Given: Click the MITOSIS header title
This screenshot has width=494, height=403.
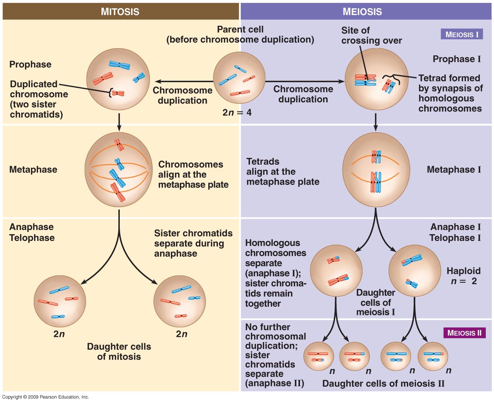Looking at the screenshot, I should (120, 12).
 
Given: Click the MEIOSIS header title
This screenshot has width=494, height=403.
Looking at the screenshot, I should (362, 12).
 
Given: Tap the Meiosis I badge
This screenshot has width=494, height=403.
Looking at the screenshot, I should (462, 34).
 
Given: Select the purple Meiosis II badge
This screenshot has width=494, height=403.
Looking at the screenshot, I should (464, 333).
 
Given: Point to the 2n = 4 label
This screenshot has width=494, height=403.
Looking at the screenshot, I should (237, 112).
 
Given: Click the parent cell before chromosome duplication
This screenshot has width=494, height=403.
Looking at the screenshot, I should (239, 78).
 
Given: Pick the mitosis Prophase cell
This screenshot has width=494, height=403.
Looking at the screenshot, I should (118, 79).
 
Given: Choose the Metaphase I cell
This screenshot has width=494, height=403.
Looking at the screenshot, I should (376, 170).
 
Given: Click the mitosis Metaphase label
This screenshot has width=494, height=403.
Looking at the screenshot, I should (33, 170).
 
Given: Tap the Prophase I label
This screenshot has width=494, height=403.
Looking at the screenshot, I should (457, 59).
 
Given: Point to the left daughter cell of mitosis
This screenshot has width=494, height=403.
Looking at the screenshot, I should (60, 301).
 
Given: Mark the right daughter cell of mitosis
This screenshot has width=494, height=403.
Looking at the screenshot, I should (179, 301).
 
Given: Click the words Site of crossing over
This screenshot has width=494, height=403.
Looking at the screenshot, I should (371, 35).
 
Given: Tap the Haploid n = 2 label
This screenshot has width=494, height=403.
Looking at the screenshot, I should (463, 276).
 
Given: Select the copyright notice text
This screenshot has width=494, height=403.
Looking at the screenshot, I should (46, 397).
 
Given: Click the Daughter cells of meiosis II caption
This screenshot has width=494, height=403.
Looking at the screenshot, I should (383, 384).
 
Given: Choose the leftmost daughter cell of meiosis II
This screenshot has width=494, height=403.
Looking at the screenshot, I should (318, 356).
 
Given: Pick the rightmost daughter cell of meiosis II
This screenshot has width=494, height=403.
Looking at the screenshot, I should (432, 356).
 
